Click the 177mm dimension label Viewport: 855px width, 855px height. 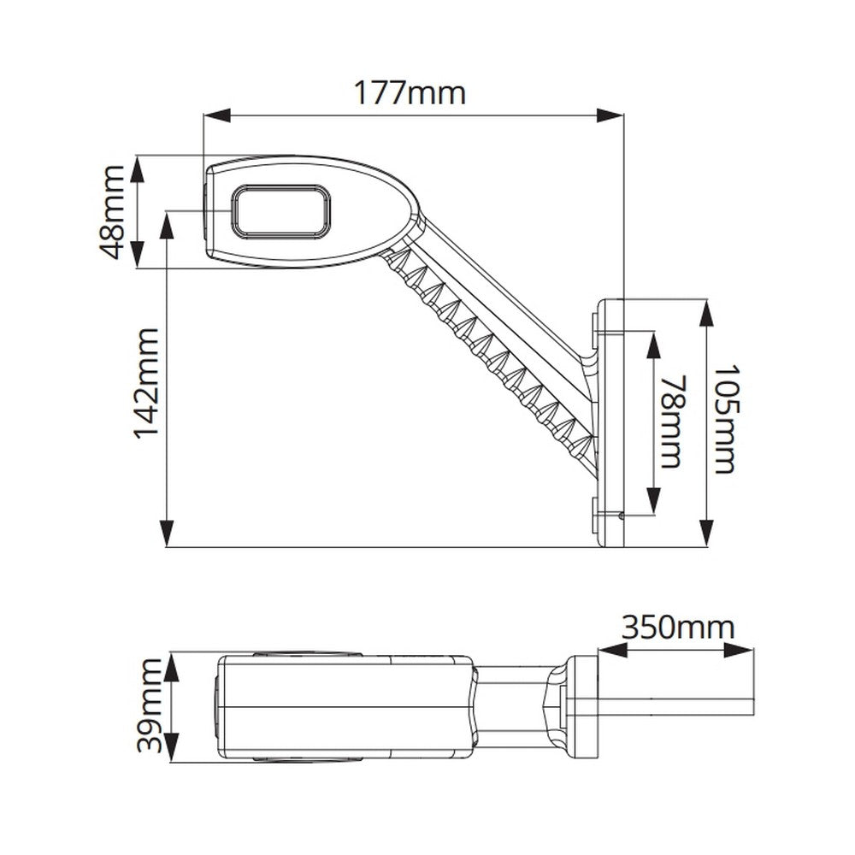click(410, 91)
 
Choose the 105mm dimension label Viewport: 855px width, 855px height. click(723, 421)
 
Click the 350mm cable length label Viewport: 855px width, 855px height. click(677, 628)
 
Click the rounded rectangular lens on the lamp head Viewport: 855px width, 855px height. click(280, 211)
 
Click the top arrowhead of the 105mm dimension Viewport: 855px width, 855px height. click(706, 313)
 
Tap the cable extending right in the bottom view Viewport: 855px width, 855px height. click(675, 706)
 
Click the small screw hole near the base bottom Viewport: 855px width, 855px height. click(620, 515)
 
